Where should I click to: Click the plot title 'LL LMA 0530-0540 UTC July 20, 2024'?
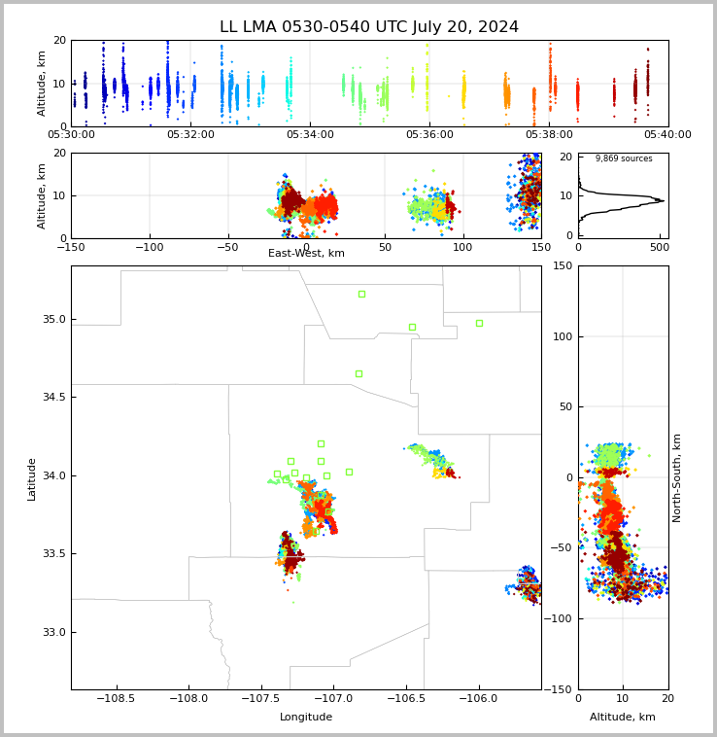(369, 26)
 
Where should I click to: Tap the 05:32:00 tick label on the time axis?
(190, 134)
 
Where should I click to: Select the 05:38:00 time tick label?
(549, 134)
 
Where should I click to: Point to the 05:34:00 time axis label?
(310, 134)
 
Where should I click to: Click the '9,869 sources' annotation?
(624, 158)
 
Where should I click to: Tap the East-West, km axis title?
(306, 253)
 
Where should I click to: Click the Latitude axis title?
(31, 479)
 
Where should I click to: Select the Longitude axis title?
(306, 717)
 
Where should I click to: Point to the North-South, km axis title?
(676, 478)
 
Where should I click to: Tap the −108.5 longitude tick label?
(116, 699)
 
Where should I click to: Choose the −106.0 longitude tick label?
(478, 699)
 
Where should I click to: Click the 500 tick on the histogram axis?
(661, 247)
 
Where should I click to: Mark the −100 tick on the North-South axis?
(558, 618)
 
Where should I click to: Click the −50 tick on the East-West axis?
(228, 247)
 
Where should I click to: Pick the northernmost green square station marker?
(362, 295)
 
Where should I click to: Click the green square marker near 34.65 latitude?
(359, 373)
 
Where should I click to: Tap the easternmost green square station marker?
(479, 324)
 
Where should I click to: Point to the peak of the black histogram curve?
(664, 200)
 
